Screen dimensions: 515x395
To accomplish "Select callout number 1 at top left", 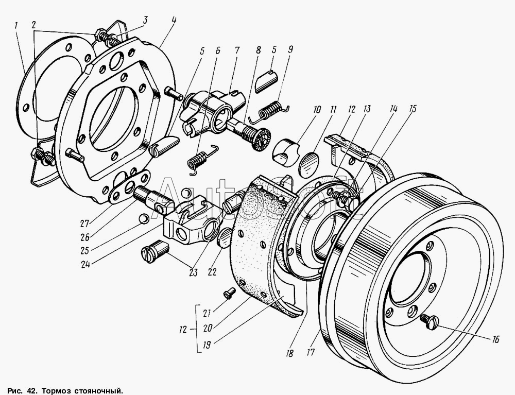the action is click(x=16, y=25).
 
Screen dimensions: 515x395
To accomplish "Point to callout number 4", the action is click(x=174, y=21).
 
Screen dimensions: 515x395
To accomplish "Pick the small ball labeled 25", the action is click(x=143, y=218).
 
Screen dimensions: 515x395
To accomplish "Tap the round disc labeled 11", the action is click(x=309, y=162).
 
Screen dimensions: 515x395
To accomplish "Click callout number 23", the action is click(x=193, y=272).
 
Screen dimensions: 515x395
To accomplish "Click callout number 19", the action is click(x=207, y=345).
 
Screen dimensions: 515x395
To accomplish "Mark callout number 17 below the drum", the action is click(x=311, y=352).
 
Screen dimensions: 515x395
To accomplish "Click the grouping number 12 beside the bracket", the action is click(x=184, y=329).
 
